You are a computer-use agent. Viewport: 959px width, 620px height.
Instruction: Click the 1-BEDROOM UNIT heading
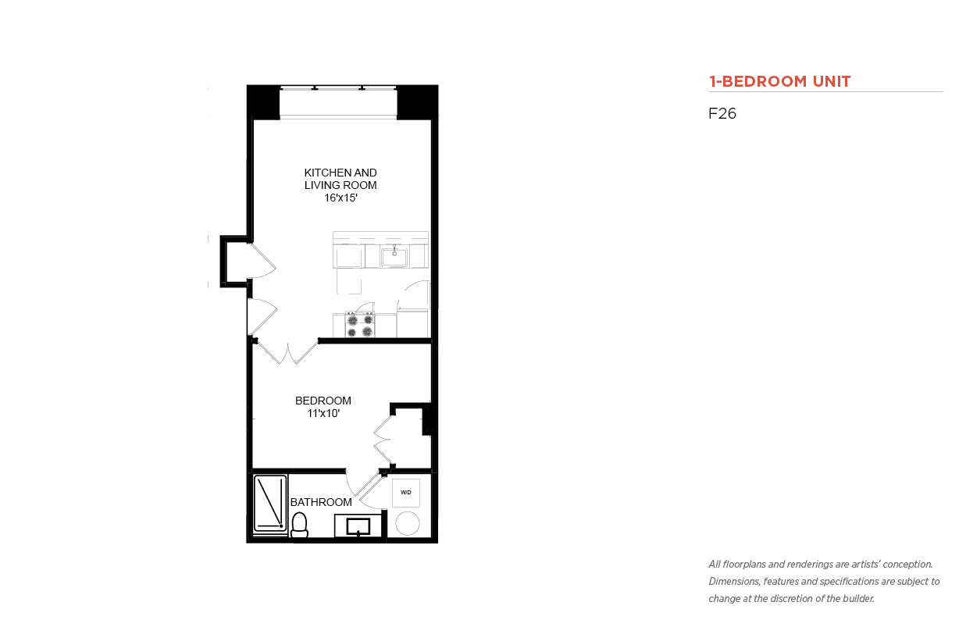tap(779, 81)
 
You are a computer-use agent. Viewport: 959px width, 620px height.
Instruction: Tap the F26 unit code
tap(722, 113)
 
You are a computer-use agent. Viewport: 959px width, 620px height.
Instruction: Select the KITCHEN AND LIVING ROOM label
tap(340, 179)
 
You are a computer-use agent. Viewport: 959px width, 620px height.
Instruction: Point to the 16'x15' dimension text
tap(340, 198)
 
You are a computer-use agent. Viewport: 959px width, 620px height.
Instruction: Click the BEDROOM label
tap(323, 401)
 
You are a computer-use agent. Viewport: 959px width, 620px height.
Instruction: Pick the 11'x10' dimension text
tap(323, 414)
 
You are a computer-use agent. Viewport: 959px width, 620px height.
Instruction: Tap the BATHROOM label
tap(321, 502)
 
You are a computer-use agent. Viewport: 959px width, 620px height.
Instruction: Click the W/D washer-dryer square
tap(406, 493)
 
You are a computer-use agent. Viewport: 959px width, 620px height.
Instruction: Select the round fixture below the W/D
tap(408, 523)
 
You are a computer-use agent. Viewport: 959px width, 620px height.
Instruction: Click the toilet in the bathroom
tap(299, 525)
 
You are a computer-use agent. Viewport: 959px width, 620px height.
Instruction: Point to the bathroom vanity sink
tap(358, 526)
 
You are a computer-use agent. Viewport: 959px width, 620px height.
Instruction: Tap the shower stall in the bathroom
tap(270, 504)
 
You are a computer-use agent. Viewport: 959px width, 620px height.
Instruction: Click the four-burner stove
tap(359, 325)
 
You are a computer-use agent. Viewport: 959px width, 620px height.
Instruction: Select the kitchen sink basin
tap(394, 258)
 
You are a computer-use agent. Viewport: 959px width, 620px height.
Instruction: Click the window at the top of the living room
tap(338, 102)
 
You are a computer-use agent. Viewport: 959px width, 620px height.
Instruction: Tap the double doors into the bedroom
tap(287, 352)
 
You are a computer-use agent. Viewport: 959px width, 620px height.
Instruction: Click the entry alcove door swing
tap(262, 261)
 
